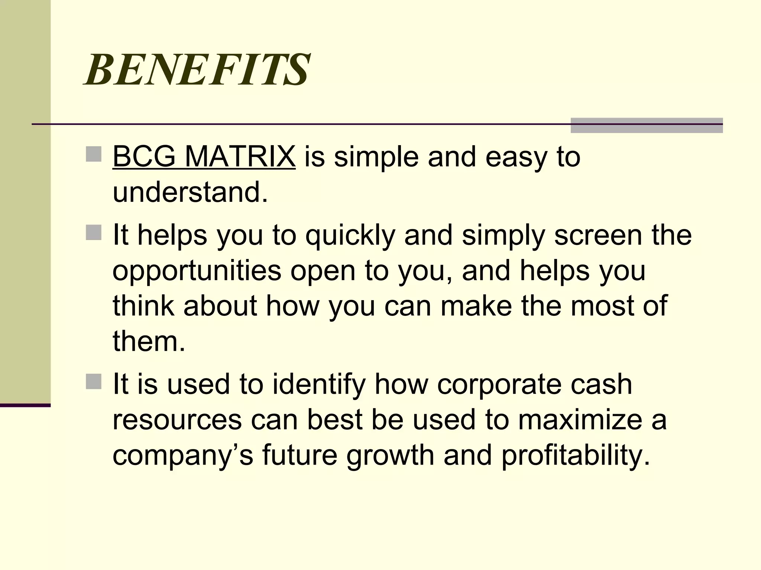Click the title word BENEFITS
coord(197,69)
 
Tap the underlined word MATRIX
coord(240,157)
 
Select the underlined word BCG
coord(144,157)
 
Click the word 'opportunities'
coord(197,271)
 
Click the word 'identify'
coord(319,384)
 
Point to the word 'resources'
coord(177,420)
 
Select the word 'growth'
coord(390,456)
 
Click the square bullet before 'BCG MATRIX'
coord(94,154)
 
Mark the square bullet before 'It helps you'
coord(94,233)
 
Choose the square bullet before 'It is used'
coord(94,381)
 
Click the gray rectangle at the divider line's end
coord(647,125)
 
